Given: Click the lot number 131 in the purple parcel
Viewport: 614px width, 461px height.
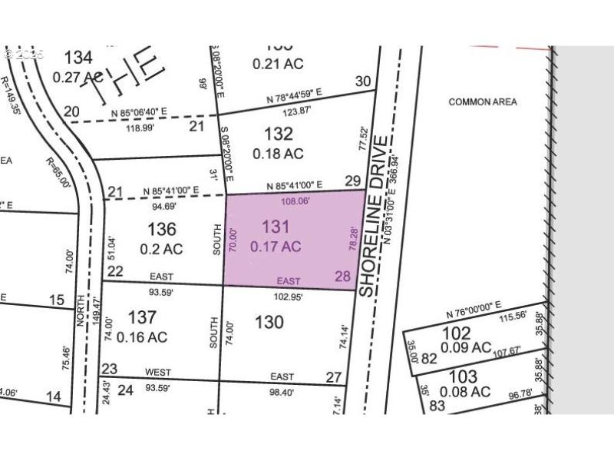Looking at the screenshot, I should [276, 227].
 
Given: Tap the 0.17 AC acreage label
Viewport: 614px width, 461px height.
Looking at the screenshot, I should [276, 247].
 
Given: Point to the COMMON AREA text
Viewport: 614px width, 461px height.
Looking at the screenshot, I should [483, 101].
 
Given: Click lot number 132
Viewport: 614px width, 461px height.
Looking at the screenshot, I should [277, 134].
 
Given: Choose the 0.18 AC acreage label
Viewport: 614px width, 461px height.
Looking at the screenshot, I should [278, 154].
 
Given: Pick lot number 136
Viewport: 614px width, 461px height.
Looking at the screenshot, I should [162, 229].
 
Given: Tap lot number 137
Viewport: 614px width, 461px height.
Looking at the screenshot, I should [143, 317].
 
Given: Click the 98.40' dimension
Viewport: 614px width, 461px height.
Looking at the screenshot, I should [282, 392].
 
